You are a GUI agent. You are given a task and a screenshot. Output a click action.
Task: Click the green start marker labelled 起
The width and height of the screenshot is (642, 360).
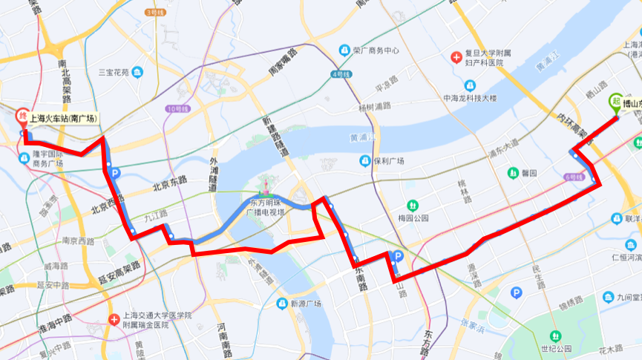point(615,102)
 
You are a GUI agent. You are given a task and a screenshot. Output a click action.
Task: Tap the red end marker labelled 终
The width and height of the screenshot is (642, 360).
point(22,117)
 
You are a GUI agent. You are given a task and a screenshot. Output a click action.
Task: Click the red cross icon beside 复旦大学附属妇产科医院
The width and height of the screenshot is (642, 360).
point(457,57)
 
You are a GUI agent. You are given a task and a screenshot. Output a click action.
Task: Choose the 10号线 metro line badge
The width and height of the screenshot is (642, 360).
point(179,109)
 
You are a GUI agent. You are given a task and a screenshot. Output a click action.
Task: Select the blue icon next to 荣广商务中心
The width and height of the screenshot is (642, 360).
point(344,50)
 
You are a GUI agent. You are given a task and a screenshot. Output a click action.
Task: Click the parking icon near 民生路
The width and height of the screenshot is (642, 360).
point(516,293)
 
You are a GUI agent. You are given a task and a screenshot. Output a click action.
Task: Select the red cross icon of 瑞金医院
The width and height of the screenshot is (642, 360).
point(114,319)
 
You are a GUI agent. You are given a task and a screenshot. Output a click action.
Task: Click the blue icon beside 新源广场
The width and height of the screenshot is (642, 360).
point(281,304)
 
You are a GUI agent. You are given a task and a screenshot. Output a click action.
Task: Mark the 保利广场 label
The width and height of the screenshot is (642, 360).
point(387,161)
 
